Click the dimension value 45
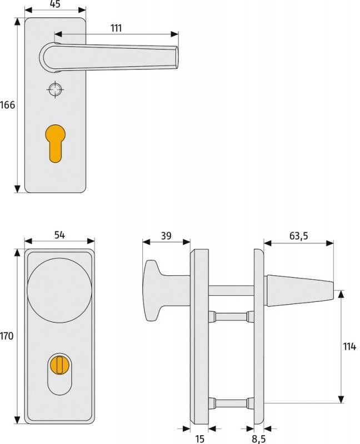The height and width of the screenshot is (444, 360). [55, 4]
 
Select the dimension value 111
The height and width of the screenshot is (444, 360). [116, 28]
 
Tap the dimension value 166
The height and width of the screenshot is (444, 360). [7, 105]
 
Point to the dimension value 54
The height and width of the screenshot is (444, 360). [59, 235]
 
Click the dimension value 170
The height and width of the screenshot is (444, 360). [7, 336]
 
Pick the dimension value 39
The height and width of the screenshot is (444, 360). [166, 235]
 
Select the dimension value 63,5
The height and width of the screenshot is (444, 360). [299, 235]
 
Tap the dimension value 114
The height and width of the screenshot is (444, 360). [349, 346]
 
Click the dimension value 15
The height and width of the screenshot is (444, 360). [199, 438]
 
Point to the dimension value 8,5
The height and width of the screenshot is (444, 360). [259, 439]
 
